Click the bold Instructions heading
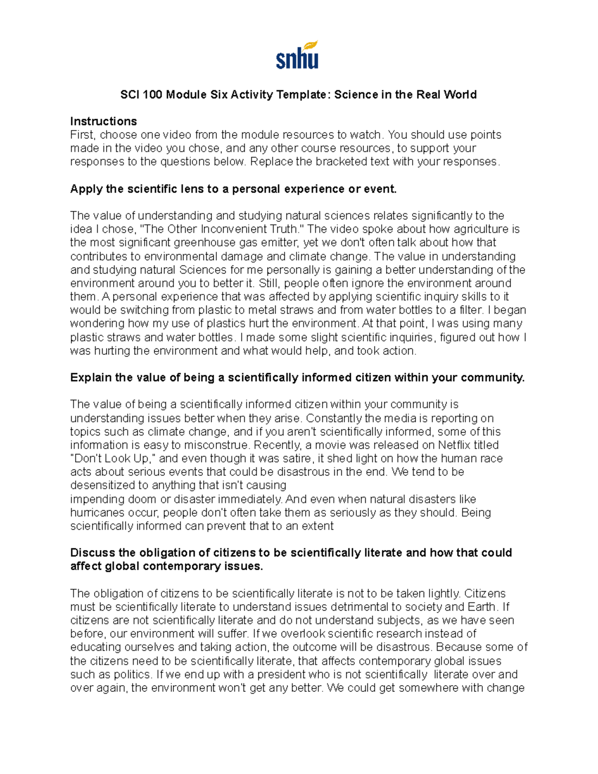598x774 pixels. [x=104, y=122]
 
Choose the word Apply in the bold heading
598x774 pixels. [x=86, y=189]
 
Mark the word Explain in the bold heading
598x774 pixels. [x=91, y=378]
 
